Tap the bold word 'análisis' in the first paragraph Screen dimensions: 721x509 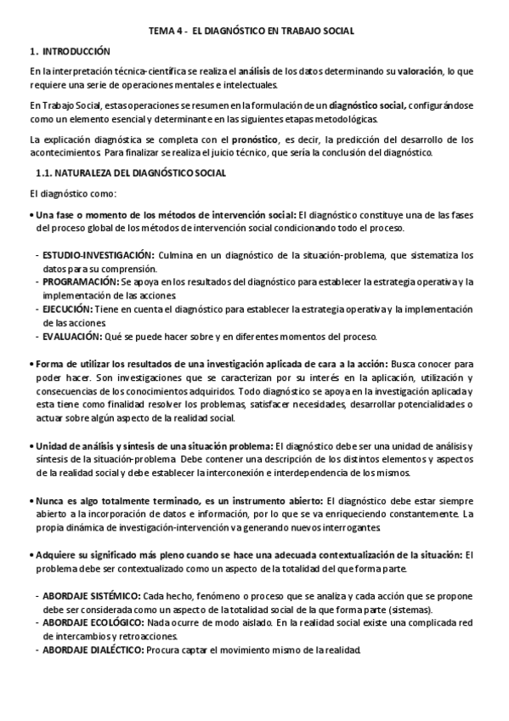(x=256, y=71)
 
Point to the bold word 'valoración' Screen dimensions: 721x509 (x=419, y=71)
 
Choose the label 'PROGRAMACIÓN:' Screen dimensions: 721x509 (x=81, y=281)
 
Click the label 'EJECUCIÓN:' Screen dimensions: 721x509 (x=71, y=310)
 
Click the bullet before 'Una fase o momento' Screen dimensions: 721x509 (x=32, y=215)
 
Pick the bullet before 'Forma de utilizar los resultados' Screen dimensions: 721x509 (x=32, y=363)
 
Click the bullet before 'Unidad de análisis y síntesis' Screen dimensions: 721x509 (x=32, y=446)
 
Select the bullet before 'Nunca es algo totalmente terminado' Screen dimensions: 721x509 (x=32, y=501)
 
